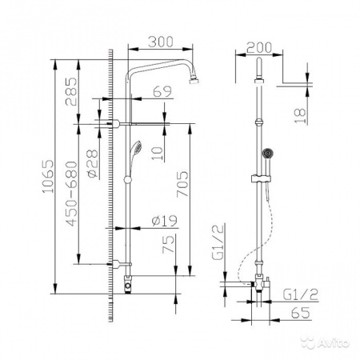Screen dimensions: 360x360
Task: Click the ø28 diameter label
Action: pos(91,162)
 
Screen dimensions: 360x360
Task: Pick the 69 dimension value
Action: pos(162,93)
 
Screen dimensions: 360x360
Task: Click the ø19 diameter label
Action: pos(163,222)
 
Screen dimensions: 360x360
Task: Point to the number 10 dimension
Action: pos(159,150)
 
